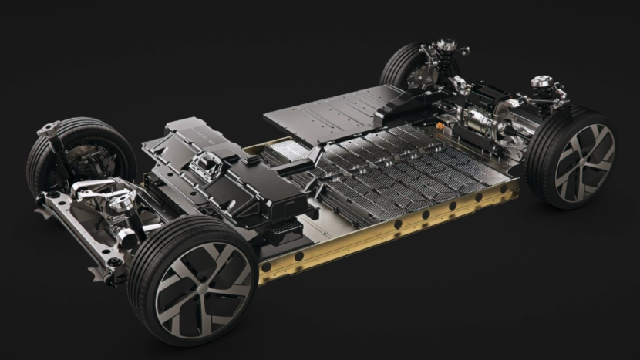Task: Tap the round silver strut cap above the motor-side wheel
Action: [x=541, y=80]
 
